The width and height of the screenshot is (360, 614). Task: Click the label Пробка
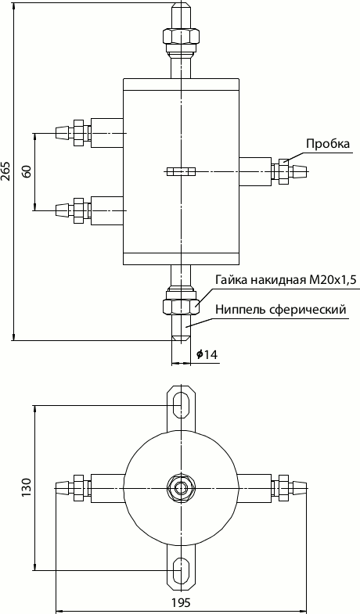[x=327, y=143]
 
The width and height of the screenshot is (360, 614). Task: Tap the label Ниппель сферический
[x=281, y=310]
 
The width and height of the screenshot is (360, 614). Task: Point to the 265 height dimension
[x=6, y=171]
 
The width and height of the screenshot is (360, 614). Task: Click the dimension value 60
[x=26, y=171]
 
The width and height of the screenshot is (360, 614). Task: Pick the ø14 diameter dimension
[x=207, y=355]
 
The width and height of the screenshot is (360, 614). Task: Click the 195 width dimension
[x=181, y=603]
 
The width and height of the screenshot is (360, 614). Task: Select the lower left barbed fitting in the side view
[x=72, y=209]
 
